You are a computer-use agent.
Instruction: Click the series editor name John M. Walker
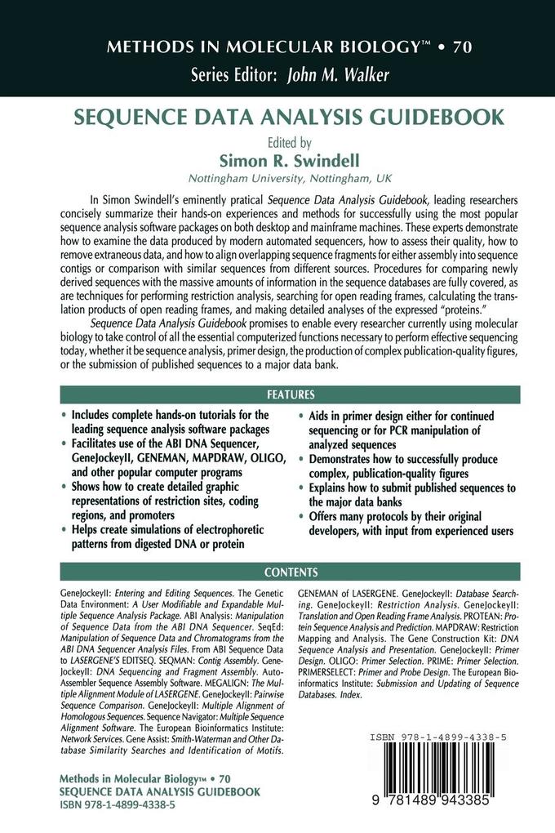337,75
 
